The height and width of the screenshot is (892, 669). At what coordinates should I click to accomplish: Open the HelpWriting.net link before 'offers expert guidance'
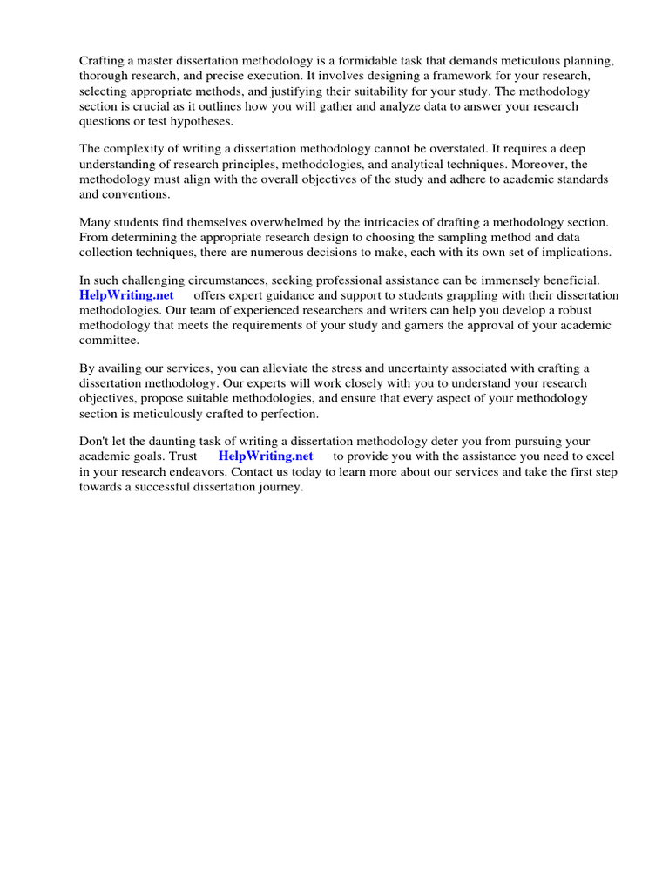(x=126, y=296)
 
